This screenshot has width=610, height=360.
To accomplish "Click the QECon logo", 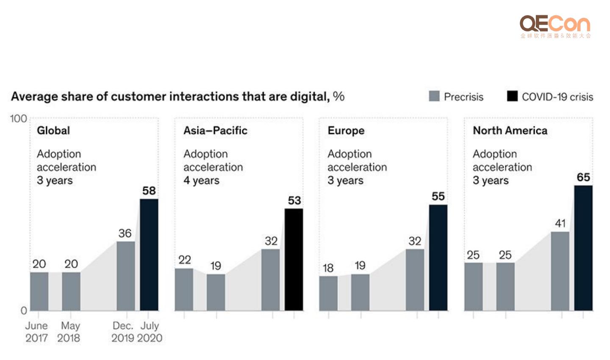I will tap(555, 26).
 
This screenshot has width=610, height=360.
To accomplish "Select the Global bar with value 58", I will tap(149, 255).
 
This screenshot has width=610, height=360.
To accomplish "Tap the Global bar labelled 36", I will tap(126, 276).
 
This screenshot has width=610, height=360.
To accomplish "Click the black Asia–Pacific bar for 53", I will tap(294, 259).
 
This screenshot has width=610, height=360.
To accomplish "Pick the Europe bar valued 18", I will tap(328, 293).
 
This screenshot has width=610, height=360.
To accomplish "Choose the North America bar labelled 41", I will tap(560, 271).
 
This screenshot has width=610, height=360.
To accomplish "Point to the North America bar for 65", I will tap(583, 248).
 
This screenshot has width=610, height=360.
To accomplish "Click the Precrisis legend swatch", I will tap(434, 96).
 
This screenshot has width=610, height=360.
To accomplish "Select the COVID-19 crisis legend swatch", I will tap(512, 96).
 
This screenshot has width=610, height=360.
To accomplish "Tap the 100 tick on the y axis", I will tap(18, 119).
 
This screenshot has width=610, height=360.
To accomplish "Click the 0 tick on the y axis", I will tap(24, 310).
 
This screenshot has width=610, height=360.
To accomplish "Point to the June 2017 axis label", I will tap(36, 332).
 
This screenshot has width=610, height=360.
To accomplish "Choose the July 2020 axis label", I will tap(150, 332).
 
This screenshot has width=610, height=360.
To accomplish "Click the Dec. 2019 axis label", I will tap(122, 332).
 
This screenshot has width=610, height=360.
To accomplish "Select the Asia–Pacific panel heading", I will tap(215, 130).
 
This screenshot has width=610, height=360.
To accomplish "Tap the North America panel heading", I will tap(510, 130).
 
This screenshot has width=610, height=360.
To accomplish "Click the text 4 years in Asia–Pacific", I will tap(201, 180).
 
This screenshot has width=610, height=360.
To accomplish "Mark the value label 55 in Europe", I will tap(438, 197).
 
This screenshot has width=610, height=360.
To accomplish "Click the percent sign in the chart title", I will tap(338, 96).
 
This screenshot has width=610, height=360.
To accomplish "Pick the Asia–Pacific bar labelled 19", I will tap(216, 292).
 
